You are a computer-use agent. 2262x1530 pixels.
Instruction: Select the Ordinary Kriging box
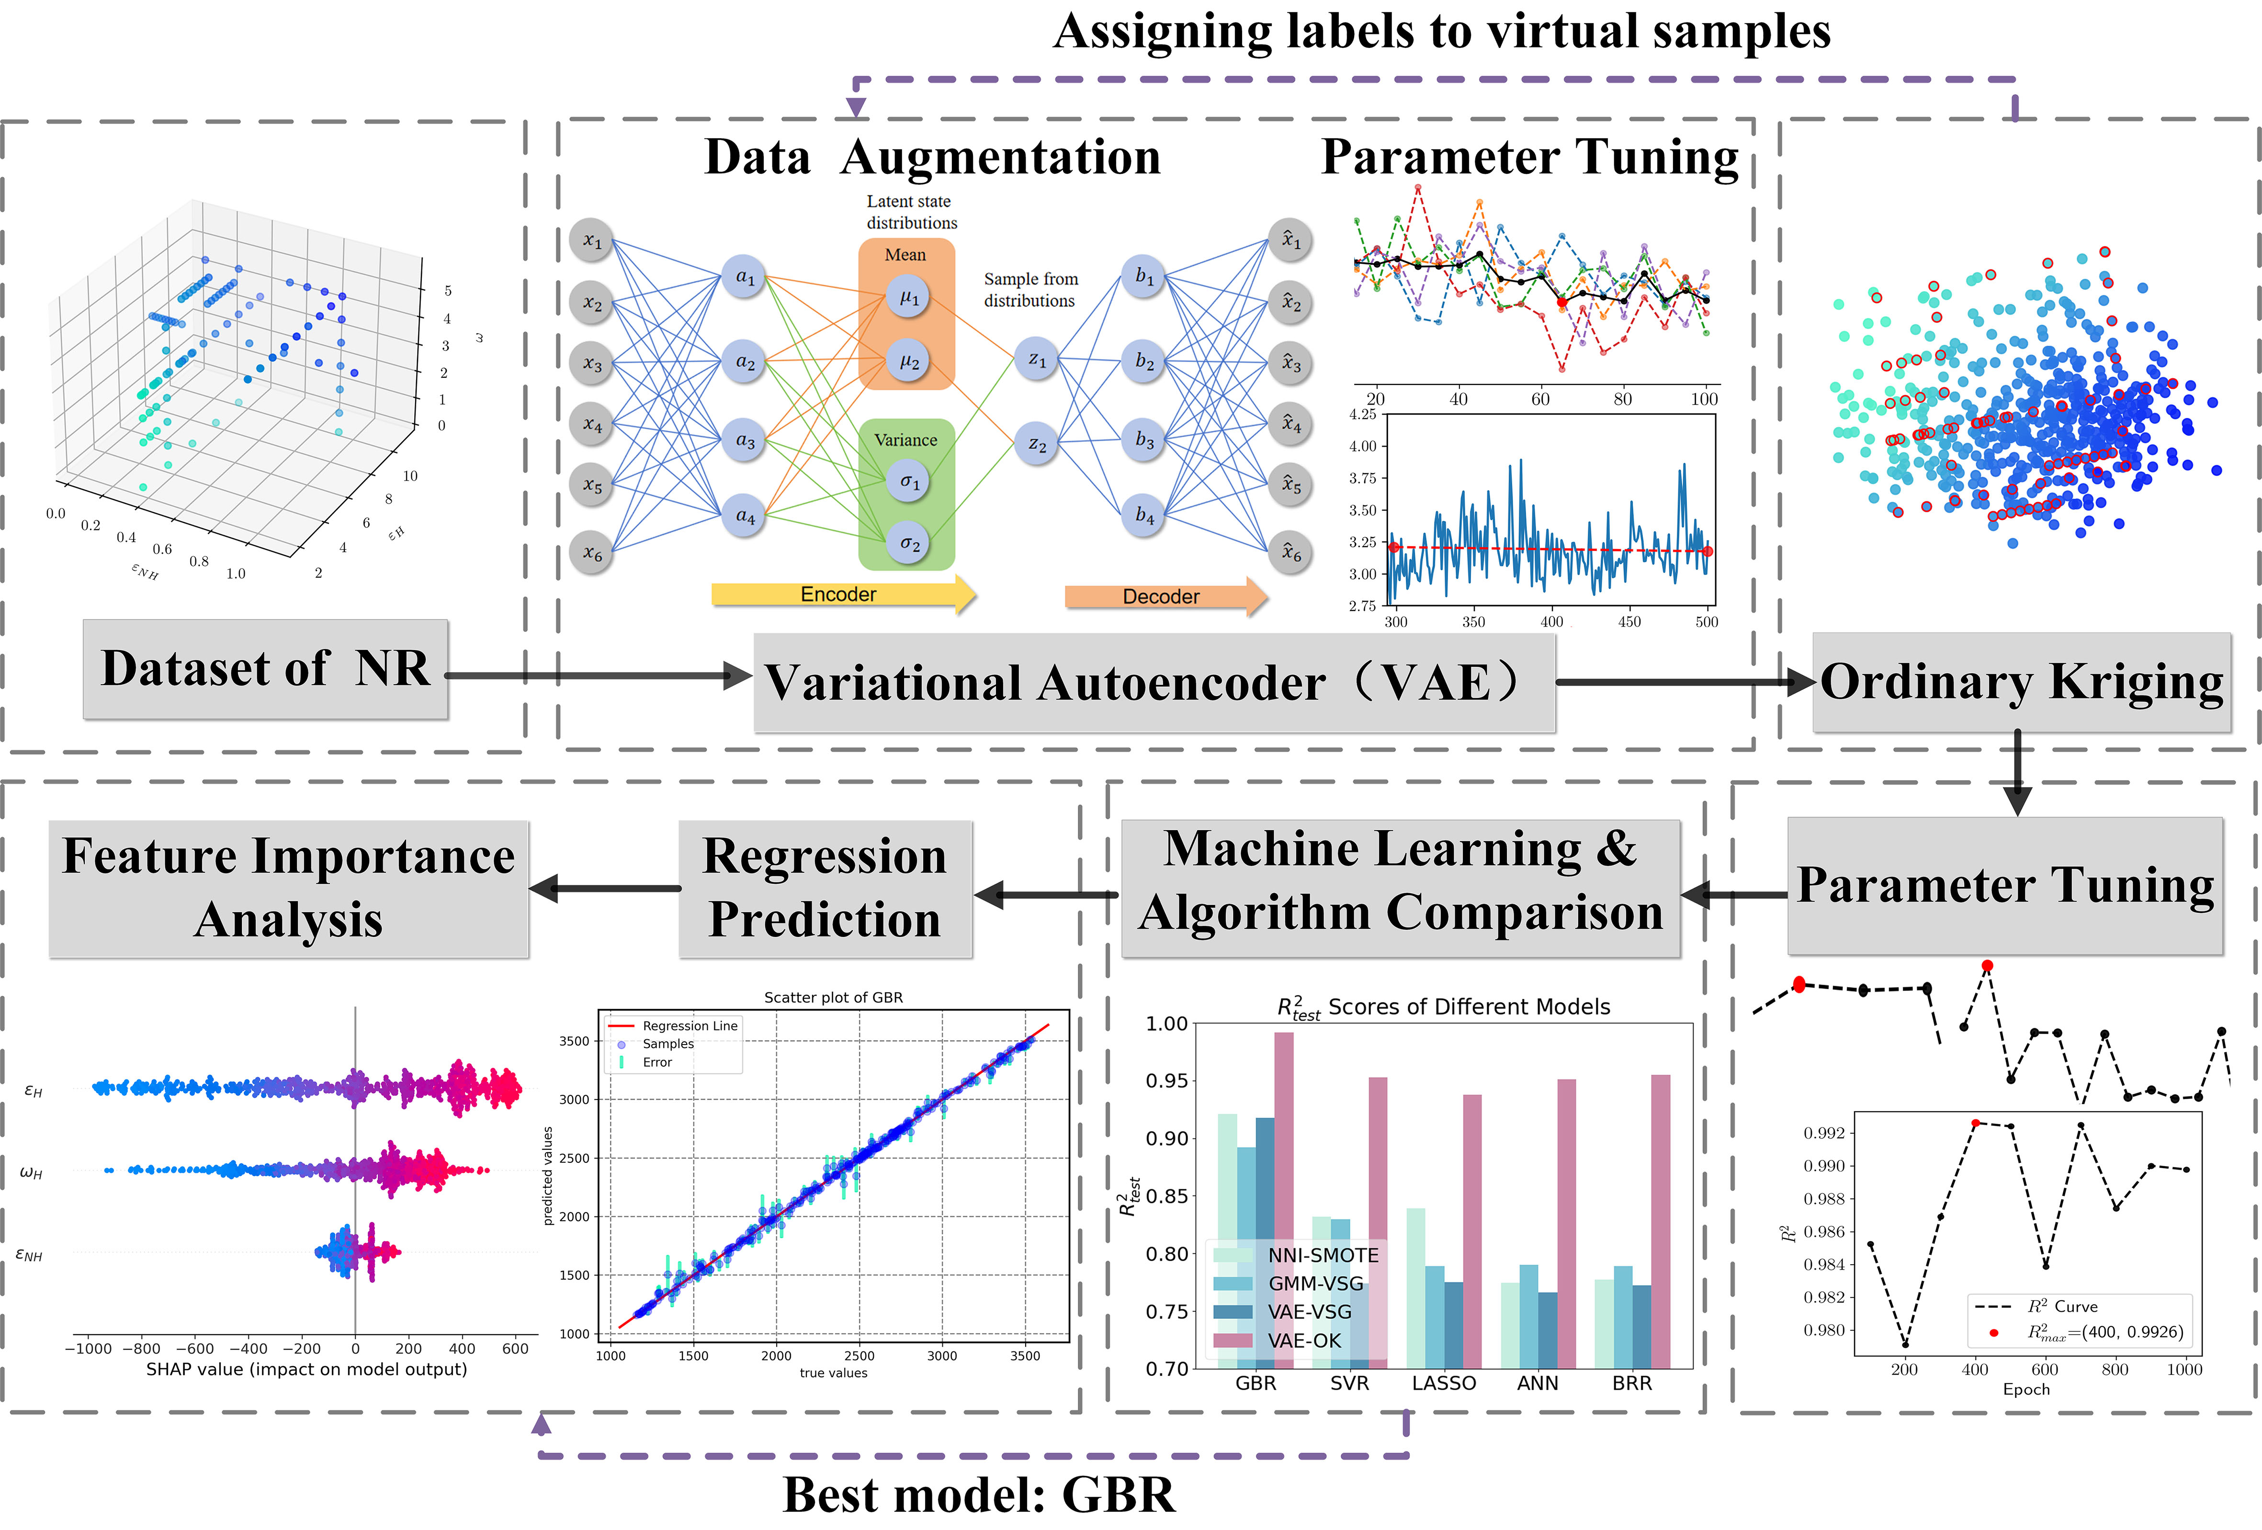(x=2021, y=681)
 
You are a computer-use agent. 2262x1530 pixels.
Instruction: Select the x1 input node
(x=592, y=240)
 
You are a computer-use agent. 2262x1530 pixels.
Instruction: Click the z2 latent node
(x=1037, y=444)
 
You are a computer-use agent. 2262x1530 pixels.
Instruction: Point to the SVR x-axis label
(x=1349, y=1383)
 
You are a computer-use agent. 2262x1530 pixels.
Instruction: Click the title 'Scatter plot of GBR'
(x=833, y=998)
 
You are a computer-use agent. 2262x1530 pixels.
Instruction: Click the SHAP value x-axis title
(x=306, y=1370)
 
